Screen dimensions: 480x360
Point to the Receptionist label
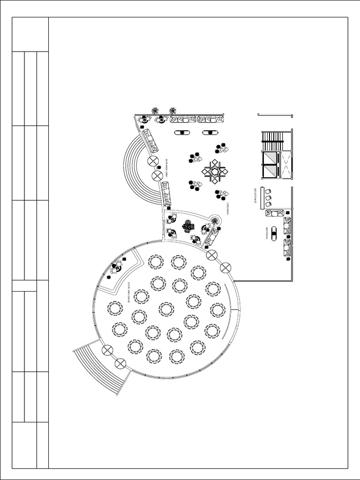click(256, 197)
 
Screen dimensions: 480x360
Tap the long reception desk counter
click(263, 197)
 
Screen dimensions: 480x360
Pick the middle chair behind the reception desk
click(269, 197)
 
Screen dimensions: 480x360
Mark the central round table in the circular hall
click(166, 309)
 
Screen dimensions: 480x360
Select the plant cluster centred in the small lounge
click(188, 226)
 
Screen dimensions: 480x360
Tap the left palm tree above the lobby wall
click(155, 111)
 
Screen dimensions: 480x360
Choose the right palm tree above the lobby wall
click(173, 111)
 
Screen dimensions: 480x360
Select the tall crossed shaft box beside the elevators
click(285, 165)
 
